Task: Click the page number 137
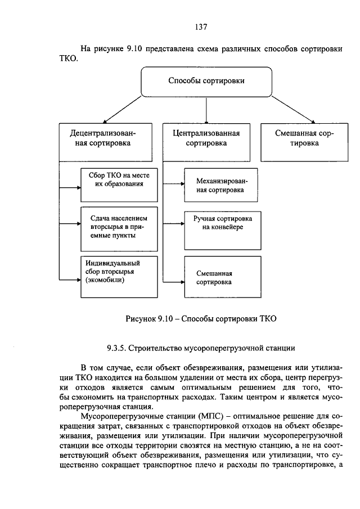(x=201, y=26)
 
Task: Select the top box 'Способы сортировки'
(x=206, y=82)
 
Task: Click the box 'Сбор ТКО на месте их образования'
(x=119, y=183)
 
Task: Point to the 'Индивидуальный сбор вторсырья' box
(x=119, y=276)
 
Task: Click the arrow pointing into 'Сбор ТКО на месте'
(x=70, y=187)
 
